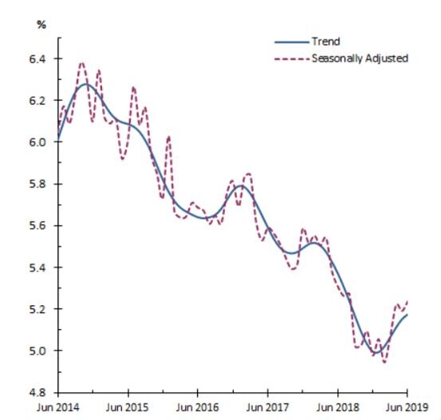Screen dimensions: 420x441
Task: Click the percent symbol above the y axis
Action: (x=41, y=24)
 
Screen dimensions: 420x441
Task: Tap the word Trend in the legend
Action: (x=325, y=42)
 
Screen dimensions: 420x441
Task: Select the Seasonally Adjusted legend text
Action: (x=359, y=58)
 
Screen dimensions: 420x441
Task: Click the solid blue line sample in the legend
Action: (x=290, y=42)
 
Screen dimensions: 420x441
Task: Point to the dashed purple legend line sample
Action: (x=290, y=58)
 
